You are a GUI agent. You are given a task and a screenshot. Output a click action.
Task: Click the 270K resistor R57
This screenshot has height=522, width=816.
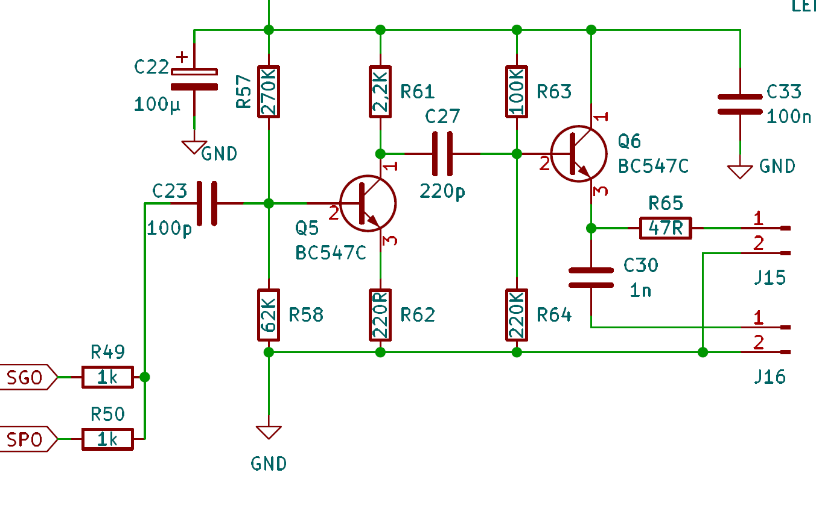coord(269,92)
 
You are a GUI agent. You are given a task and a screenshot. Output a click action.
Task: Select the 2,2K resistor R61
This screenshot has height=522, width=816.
coord(380,92)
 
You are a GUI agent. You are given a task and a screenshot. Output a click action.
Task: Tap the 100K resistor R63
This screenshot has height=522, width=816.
coord(517,92)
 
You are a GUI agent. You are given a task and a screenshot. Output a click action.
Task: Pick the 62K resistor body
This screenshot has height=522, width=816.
coord(269,315)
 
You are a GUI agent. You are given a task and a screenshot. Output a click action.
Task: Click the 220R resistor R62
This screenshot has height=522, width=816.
coord(380,315)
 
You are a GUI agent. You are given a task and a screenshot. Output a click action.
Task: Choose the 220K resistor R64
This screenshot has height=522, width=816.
coord(517,315)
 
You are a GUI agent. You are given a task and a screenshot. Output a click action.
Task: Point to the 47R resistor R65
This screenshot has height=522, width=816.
coord(666,228)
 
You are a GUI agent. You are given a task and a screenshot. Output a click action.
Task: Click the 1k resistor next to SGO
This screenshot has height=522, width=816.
coord(107,377)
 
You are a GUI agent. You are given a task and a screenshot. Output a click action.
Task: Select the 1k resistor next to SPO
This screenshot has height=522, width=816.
coord(107,439)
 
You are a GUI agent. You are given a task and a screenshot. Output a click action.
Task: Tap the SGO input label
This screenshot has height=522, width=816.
coord(28,377)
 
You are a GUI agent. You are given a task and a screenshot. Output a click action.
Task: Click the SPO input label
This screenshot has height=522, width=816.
coord(28,439)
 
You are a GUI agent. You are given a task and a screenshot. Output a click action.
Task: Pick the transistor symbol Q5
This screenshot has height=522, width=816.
coord(368,203)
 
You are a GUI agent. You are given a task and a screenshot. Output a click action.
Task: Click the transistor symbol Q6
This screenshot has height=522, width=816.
coord(578,154)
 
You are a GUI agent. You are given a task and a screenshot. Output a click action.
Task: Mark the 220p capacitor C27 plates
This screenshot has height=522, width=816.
coord(442,154)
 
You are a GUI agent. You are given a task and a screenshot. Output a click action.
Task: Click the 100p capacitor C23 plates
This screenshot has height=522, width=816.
coord(207,203)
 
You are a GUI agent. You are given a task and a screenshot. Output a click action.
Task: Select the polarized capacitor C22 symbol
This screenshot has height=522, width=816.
coord(194,80)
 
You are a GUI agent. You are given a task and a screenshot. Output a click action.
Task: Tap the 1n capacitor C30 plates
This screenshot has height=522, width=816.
coord(591,278)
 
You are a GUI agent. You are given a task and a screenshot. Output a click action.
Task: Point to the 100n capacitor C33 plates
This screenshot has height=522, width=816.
coord(740,104)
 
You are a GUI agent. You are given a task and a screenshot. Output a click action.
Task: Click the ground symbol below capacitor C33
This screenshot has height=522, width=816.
coord(740,172)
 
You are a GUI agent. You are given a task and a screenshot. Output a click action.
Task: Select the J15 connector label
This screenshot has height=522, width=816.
coord(770,278)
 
